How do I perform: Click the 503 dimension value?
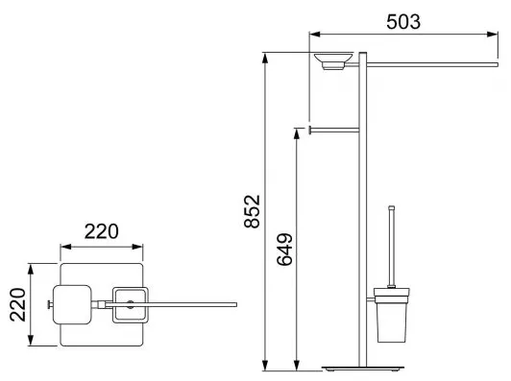coord(403,22)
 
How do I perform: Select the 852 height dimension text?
coord(253,211)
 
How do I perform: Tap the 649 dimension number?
coord(284,250)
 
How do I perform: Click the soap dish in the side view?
coord(333,61)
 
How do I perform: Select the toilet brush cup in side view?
coord(391,315)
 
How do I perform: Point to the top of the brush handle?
coord(391,207)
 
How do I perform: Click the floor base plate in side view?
coord(363,369)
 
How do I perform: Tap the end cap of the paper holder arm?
coord(309,130)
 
